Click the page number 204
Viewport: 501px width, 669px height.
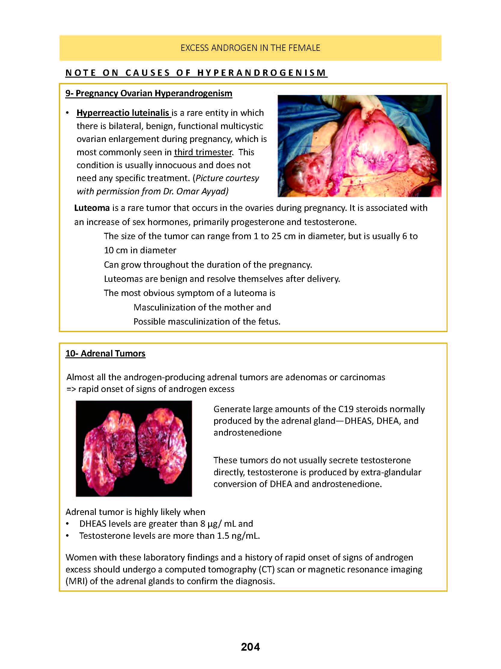[250, 647]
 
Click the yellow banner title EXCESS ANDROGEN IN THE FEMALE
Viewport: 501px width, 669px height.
[250, 48]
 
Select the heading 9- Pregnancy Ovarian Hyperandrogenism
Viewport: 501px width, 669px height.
[149, 93]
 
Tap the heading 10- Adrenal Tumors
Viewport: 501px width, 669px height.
[105, 353]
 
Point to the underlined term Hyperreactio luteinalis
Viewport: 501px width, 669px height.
[123, 113]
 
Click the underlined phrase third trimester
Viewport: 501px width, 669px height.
[203, 152]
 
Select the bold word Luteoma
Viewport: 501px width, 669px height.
[92, 208]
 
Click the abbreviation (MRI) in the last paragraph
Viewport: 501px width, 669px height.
[76, 581]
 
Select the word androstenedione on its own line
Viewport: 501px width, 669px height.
[247, 433]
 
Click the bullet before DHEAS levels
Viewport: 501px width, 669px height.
[68, 524]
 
